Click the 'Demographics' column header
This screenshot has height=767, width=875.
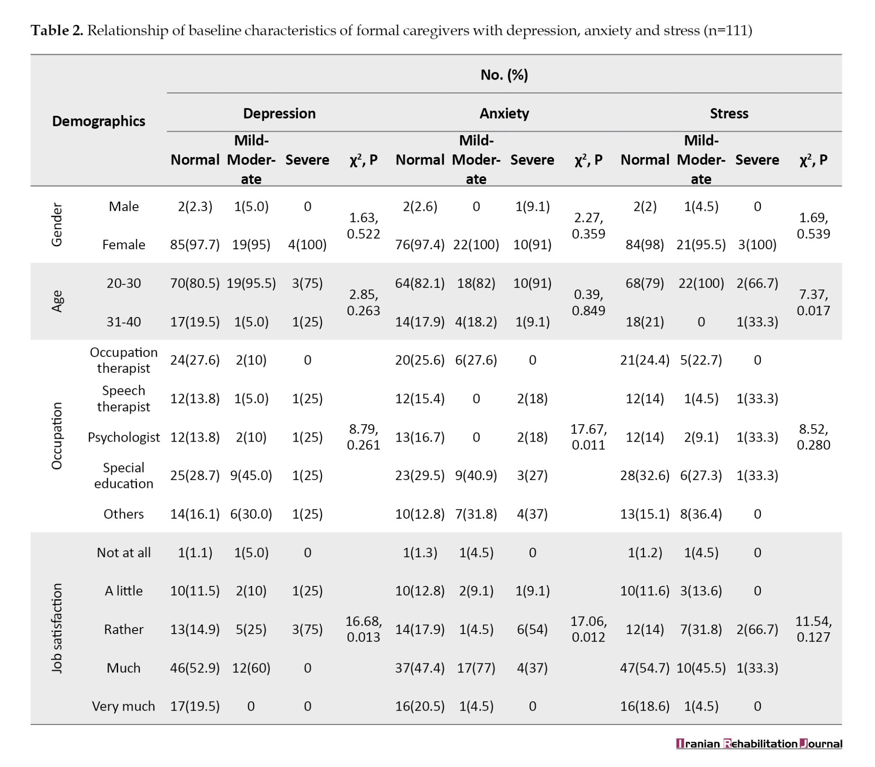coord(98,121)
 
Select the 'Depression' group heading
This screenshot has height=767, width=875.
coord(279,113)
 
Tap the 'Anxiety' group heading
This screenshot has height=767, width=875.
coord(504,113)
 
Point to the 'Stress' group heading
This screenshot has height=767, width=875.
coord(729,113)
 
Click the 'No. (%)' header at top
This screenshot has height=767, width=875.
coord(504,75)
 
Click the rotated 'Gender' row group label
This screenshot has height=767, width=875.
coord(57,225)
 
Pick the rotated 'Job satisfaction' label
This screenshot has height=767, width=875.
coord(57,628)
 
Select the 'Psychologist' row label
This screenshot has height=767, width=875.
coord(124,437)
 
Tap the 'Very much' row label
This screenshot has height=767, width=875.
coord(123,706)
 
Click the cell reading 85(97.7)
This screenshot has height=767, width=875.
coord(195,244)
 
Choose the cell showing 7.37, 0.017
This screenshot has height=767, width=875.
coord(813,302)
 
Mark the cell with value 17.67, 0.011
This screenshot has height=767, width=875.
coord(588,436)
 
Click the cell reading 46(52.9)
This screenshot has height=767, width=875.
coord(195,668)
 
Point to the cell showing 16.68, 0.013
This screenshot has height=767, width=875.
coord(364,629)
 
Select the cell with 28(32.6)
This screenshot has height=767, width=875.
coord(645,475)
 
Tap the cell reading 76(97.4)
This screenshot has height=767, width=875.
coord(420,244)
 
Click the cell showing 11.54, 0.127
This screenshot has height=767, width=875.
coord(813,629)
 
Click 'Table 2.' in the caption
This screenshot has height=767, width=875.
coord(56,30)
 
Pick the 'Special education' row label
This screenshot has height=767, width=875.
coord(124,475)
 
